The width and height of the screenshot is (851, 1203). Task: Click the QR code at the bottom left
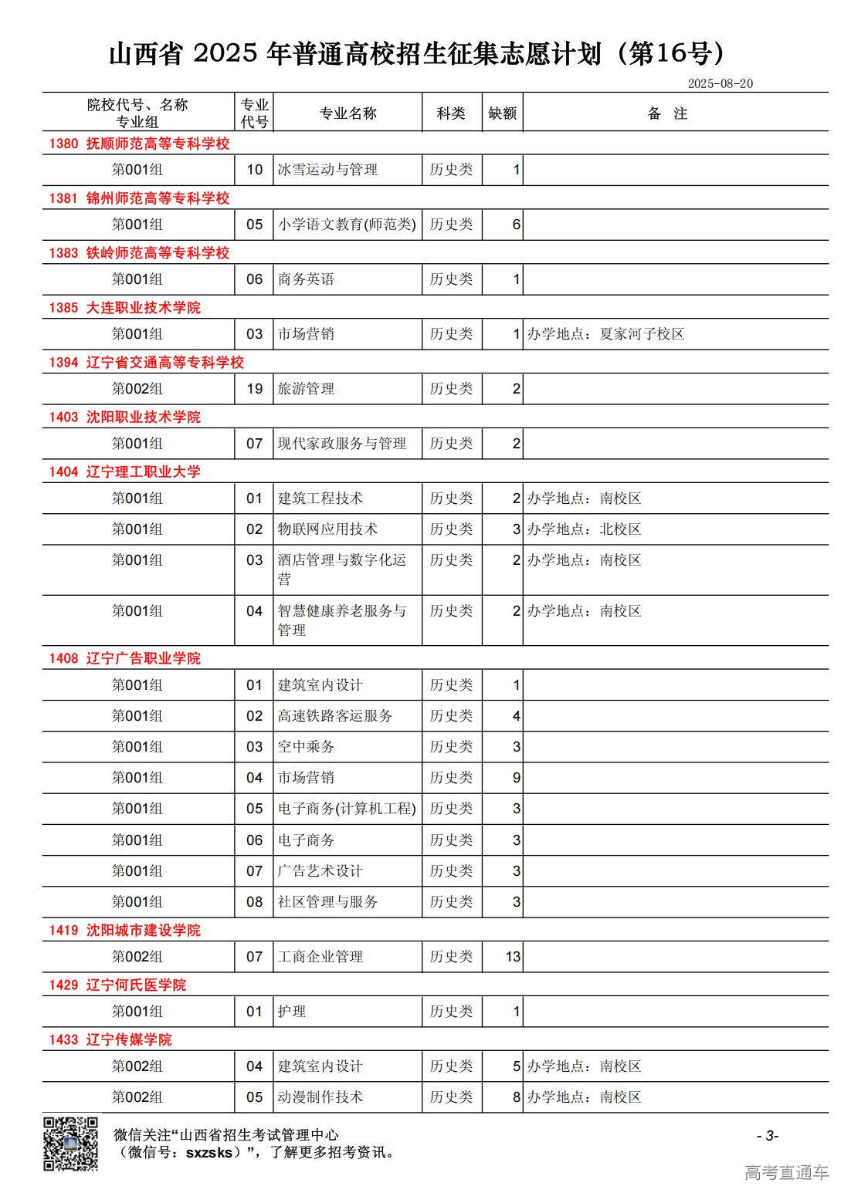[70, 1143]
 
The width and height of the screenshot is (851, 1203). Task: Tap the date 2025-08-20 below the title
[720, 83]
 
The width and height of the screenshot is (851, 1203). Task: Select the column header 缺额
[502, 113]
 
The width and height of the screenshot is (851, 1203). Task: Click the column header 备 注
[667, 113]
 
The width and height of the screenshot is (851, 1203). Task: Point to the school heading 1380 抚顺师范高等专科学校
[140, 144]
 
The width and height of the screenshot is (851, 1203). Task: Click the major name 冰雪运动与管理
[327, 170]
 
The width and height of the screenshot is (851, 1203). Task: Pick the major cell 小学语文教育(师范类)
[347, 225]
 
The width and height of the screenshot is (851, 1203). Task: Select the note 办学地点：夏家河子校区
[605, 334]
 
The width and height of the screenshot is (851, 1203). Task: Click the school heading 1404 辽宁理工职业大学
[125, 471]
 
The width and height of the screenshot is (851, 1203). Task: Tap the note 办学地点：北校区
[584, 529]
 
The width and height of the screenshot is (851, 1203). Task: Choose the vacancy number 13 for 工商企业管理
[513, 957]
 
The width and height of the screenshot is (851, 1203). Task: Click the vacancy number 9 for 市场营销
[517, 778]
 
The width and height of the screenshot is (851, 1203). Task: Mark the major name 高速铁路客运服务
[335, 716]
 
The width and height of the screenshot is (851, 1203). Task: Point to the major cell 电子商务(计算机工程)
[347, 809]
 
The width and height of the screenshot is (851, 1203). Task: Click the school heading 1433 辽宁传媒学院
[110, 1039]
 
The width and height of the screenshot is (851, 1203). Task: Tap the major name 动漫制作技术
[320, 1097]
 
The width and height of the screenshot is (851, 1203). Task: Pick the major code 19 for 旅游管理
[255, 389]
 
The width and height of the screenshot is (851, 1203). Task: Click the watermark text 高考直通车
[786, 1172]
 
